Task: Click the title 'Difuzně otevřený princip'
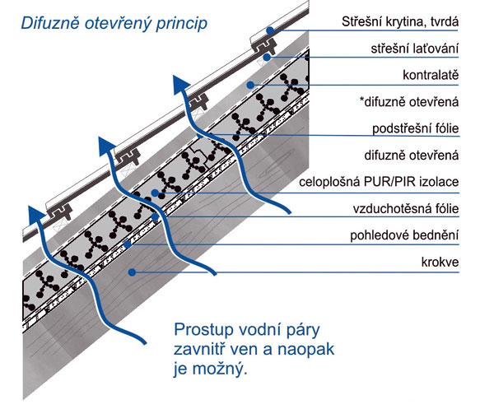pyautogui.click(x=114, y=24)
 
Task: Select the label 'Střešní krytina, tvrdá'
pyautogui.click(x=400, y=21)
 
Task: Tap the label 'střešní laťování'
pyautogui.click(x=415, y=49)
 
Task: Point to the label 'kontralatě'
pyautogui.click(x=431, y=75)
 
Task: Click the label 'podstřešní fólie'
pyautogui.click(x=416, y=128)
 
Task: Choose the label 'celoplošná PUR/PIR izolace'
pyautogui.click(x=379, y=182)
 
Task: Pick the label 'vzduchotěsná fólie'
pyautogui.click(x=406, y=209)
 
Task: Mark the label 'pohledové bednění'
pyautogui.click(x=404, y=235)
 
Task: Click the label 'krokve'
pyautogui.click(x=440, y=262)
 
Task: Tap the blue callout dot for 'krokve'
pyautogui.click(x=133, y=272)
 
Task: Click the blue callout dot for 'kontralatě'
pyautogui.click(x=250, y=85)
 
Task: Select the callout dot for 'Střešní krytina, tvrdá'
pyautogui.click(x=270, y=30)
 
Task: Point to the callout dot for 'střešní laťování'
pyautogui.click(x=267, y=58)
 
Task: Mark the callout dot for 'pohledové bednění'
pyautogui.click(x=128, y=244)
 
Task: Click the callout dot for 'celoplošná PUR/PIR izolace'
pyautogui.click(x=155, y=193)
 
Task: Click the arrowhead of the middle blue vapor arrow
pyautogui.click(x=106, y=146)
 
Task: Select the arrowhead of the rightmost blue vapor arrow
pyautogui.click(x=180, y=85)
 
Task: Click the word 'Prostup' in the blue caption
pyautogui.click(x=203, y=330)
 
